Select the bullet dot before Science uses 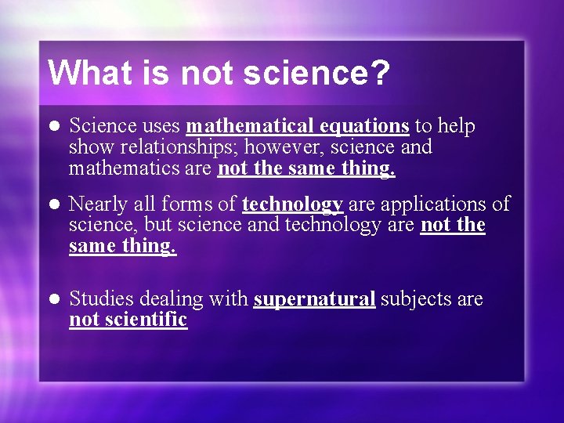(53, 127)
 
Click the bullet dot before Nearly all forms (53, 205)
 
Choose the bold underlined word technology (292, 204)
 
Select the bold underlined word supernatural (314, 299)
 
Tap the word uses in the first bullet (161, 126)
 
